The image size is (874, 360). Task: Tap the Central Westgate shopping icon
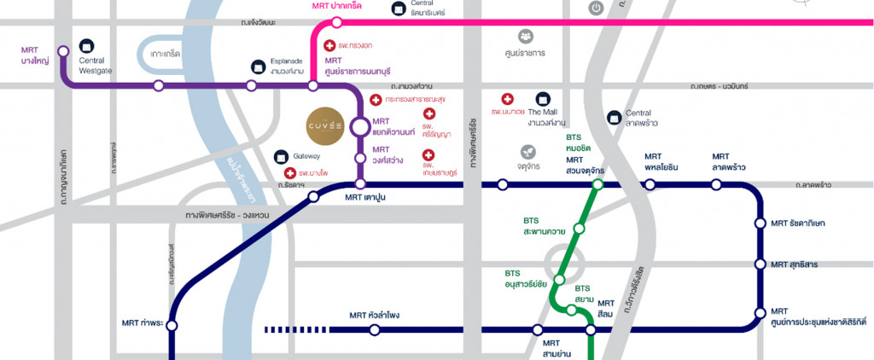coord(85,46)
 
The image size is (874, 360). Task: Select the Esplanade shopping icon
coord(258,66)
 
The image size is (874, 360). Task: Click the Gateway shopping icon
coord(283,157)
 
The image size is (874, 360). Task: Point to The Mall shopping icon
coord(542,100)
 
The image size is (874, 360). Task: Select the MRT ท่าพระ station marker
coord(172,325)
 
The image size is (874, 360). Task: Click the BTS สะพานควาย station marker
coord(580,228)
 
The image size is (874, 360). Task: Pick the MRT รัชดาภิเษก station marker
coord(760,224)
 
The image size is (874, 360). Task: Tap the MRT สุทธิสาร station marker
coord(760,264)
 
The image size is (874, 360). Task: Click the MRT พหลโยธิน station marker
coord(650,184)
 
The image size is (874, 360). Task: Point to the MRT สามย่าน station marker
coord(537,329)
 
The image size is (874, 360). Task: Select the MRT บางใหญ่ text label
coord(35,55)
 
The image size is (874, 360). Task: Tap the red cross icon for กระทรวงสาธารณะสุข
coord(375,100)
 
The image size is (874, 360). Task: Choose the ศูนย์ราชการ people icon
coord(525,36)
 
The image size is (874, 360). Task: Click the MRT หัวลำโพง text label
coord(374,316)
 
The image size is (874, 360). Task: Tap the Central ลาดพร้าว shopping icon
coord(613,117)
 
